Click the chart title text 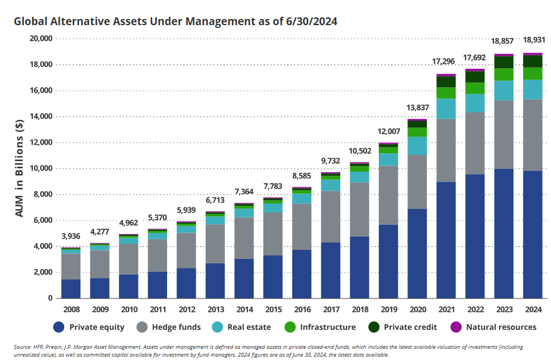pyautogui.click(x=176, y=22)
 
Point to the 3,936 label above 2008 pyautogui.click(x=70, y=235)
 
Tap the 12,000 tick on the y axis pyautogui.click(x=39, y=143)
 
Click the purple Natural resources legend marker pyautogui.click(x=456, y=327)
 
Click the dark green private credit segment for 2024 pyautogui.click(x=533, y=61)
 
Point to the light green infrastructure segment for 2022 pyautogui.click(x=474, y=88)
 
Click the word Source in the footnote pyautogui.click(x=23, y=347)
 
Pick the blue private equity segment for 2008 pyautogui.click(x=70, y=288)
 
